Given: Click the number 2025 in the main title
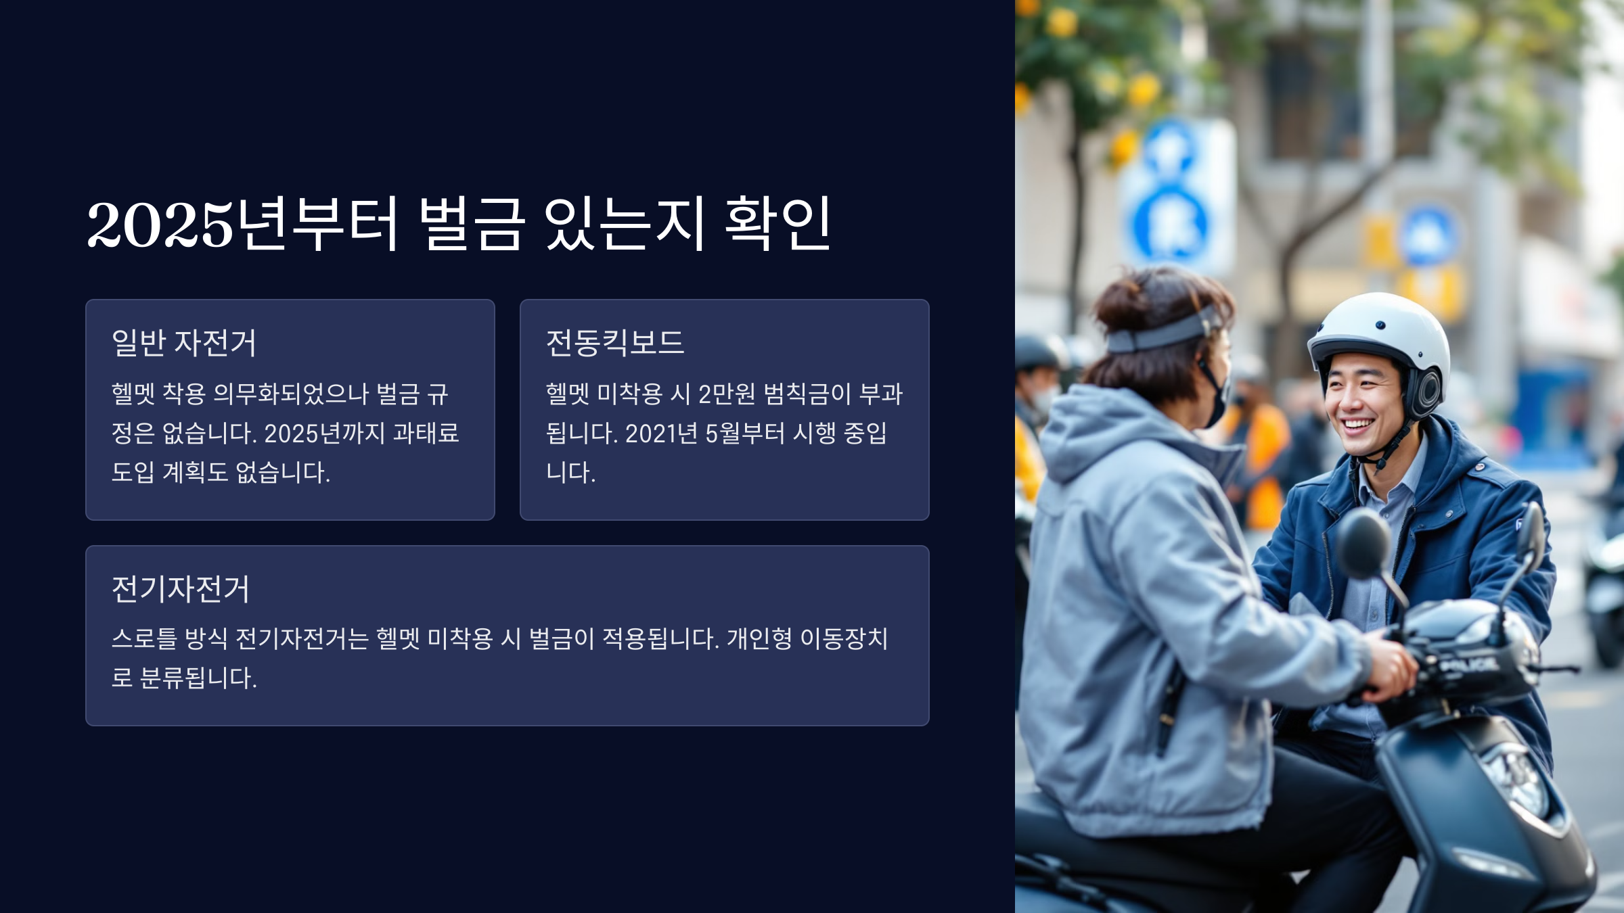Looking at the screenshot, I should pyautogui.click(x=160, y=225).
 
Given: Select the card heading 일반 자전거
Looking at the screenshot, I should pyautogui.click(x=184, y=343).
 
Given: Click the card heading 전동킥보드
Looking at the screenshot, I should pyautogui.click(x=615, y=343).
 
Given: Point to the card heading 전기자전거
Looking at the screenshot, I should pyautogui.click(x=181, y=589).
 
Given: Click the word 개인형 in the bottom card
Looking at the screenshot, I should pyautogui.click(x=759, y=638).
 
